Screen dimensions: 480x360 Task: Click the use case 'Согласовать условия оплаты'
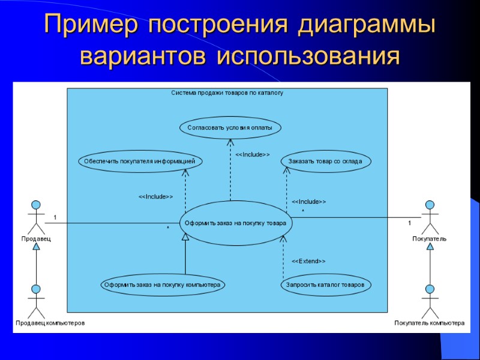tap(230, 127)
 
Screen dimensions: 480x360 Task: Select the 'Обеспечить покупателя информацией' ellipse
tap(139, 161)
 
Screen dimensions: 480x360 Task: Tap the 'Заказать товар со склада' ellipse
tap(326, 161)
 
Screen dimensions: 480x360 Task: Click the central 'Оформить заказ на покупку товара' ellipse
tap(236, 223)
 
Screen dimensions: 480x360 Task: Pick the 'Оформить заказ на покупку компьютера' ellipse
tap(162, 285)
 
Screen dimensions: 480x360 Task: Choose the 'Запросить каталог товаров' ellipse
tap(326, 285)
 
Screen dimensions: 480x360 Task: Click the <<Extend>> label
tap(308, 262)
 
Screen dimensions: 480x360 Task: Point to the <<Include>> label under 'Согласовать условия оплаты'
tap(252, 155)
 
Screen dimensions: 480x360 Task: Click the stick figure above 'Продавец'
tap(36, 217)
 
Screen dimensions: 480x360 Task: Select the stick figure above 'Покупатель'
tap(429, 217)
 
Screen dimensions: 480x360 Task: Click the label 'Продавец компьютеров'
tap(50, 323)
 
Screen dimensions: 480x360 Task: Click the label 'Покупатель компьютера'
tap(429, 323)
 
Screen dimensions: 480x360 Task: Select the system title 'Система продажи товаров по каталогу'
tap(227, 93)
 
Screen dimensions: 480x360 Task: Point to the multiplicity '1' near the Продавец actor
tap(55, 217)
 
